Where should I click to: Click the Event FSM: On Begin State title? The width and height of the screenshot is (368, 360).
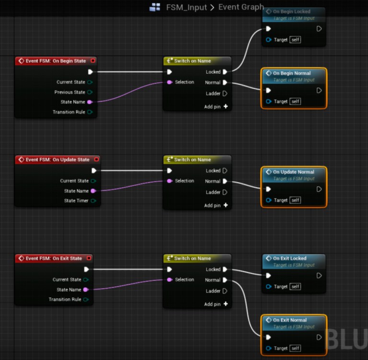click(x=56, y=61)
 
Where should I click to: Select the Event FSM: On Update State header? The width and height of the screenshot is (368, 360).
click(x=57, y=159)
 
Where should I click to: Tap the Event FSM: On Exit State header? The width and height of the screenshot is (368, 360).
click(x=54, y=258)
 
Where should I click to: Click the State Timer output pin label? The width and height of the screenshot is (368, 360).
click(x=76, y=201)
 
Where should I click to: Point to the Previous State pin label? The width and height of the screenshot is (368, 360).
click(x=70, y=92)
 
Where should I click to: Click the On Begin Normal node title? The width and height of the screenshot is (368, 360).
click(x=291, y=73)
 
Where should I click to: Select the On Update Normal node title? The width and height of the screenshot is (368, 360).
click(x=293, y=172)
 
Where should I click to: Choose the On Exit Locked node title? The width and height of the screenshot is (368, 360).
click(x=289, y=258)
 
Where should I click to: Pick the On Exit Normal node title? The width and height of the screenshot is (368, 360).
click(x=289, y=320)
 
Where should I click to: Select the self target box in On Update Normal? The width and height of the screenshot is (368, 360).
click(x=295, y=200)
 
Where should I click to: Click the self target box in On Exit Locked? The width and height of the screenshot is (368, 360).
click(x=295, y=286)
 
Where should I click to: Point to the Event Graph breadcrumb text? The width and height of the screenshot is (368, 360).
click(x=241, y=7)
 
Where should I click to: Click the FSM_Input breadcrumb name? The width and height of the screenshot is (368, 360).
click(x=186, y=7)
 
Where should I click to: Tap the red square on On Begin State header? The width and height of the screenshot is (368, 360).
click(x=93, y=61)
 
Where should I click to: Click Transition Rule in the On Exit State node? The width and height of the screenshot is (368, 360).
click(x=65, y=299)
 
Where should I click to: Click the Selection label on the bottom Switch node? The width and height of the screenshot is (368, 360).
click(x=184, y=280)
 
